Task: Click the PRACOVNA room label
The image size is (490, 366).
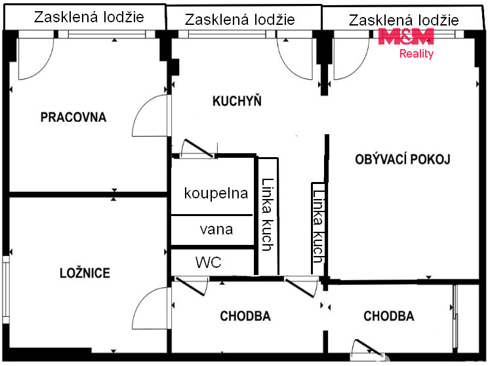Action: (x=73, y=117)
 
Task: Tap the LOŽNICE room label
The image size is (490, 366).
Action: (x=85, y=273)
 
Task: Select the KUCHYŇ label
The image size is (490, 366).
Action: (x=237, y=101)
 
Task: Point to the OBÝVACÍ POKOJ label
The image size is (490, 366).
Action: (x=403, y=159)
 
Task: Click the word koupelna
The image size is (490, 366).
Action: (x=216, y=193)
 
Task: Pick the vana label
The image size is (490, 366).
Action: (x=216, y=230)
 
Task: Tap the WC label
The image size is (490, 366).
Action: (x=209, y=263)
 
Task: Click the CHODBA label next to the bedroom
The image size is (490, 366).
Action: (x=245, y=316)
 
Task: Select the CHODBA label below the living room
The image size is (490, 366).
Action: (x=389, y=316)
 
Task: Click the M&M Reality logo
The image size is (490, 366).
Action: (x=406, y=43)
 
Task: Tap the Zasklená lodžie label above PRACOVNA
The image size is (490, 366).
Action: (x=89, y=17)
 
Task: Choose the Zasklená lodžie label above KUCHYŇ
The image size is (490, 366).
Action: (x=239, y=20)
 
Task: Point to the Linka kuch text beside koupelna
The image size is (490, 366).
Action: (x=268, y=215)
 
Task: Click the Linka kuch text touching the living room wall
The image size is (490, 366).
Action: (x=318, y=226)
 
